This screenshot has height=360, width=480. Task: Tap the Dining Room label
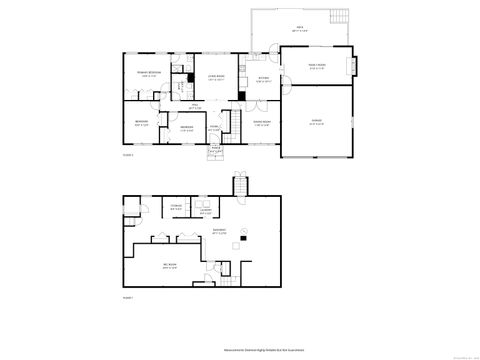(261, 124)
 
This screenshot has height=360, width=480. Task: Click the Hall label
(196, 107)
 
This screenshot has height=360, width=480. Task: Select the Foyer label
(214, 129)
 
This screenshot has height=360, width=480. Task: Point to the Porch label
(215, 148)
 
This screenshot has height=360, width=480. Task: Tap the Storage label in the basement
(175, 209)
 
